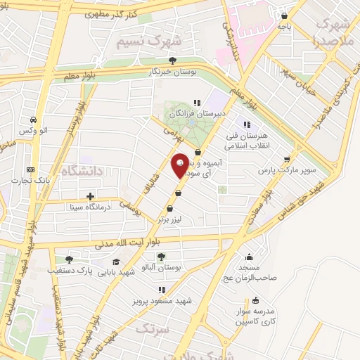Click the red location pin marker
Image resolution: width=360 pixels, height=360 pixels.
[181, 164]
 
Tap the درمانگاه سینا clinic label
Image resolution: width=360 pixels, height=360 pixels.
[64, 207]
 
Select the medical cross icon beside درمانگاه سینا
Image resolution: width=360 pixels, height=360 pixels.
[89, 196]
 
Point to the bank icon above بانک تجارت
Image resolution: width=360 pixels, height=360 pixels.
[30, 169]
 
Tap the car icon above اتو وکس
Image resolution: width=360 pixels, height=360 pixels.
[34, 120]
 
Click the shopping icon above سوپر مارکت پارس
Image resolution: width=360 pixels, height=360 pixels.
[285, 158]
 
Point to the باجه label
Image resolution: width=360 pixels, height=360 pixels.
[283, 26]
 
